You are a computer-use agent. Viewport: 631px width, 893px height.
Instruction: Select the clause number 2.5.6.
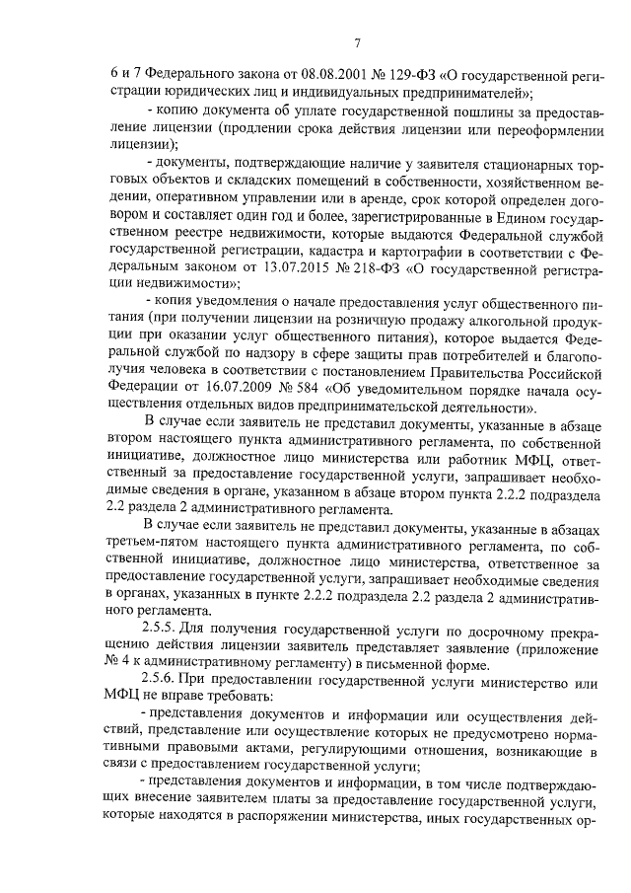[163, 684]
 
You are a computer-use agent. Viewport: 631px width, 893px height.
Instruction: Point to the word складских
[227, 179]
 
